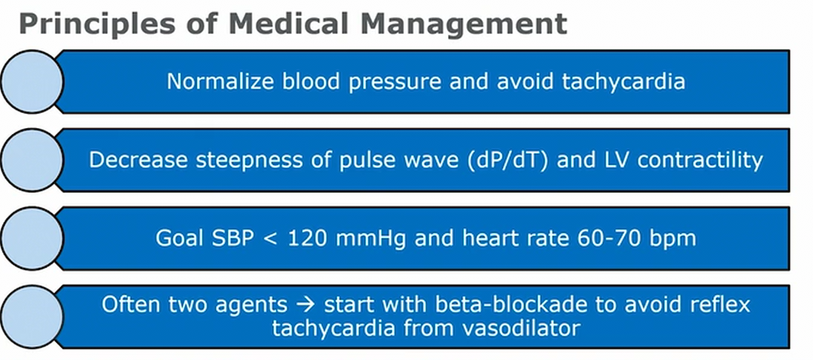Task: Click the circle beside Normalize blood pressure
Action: point(32,81)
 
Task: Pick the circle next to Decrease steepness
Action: point(32,160)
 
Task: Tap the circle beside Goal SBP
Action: point(32,238)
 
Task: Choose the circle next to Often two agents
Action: point(32,316)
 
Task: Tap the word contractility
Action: point(700,160)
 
